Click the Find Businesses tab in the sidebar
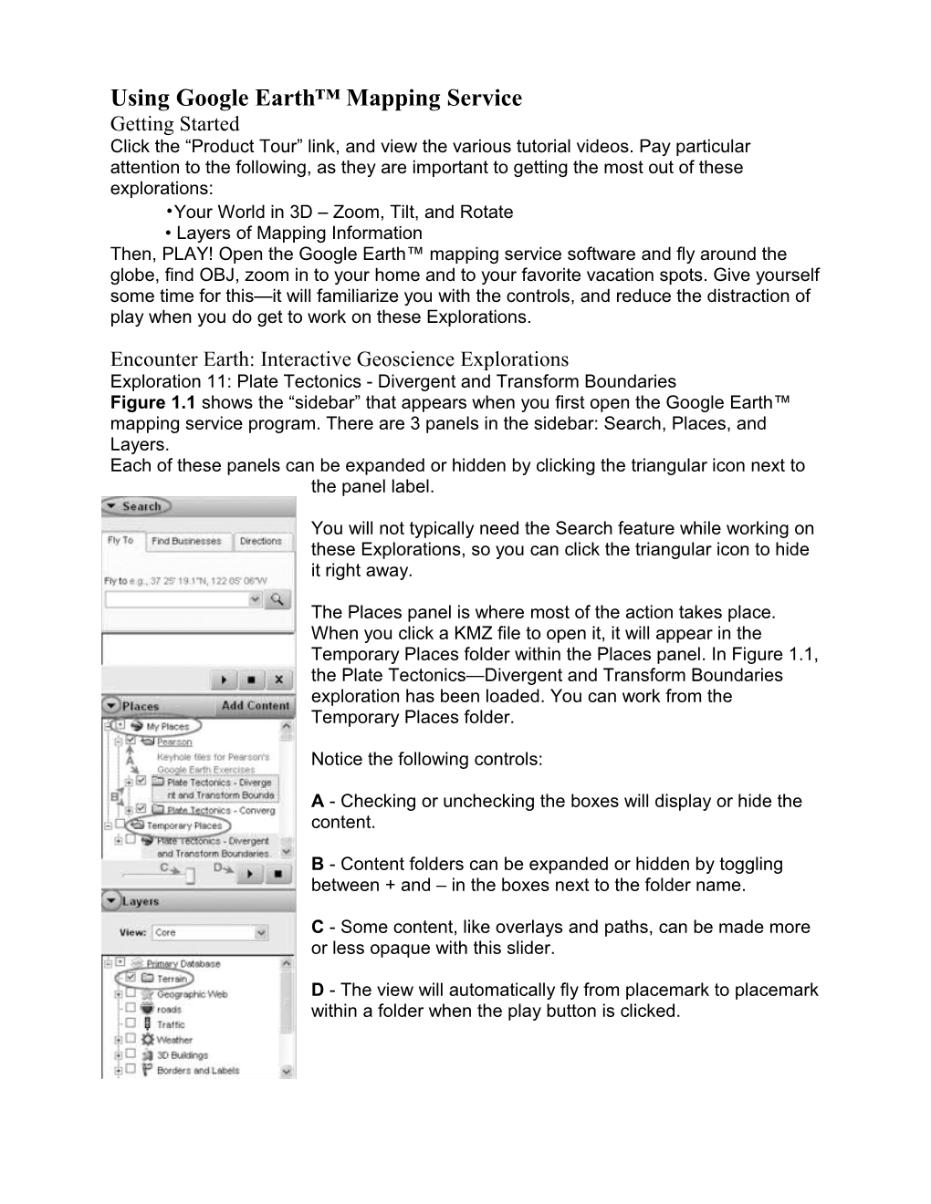click(x=186, y=541)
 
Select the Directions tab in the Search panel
click(x=260, y=541)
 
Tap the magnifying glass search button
click(x=277, y=599)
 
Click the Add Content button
click(x=255, y=705)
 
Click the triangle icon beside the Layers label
click(x=110, y=901)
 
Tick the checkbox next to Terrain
click(x=130, y=978)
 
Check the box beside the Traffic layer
click(x=130, y=1023)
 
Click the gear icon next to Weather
click(x=146, y=1039)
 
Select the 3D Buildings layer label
click(x=182, y=1054)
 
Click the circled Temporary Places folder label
click(x=183, y=825)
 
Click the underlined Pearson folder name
click(x=174, y=742)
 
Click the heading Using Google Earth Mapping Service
click(x=316, y=98)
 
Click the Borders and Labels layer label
click(x=197, y=1070)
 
